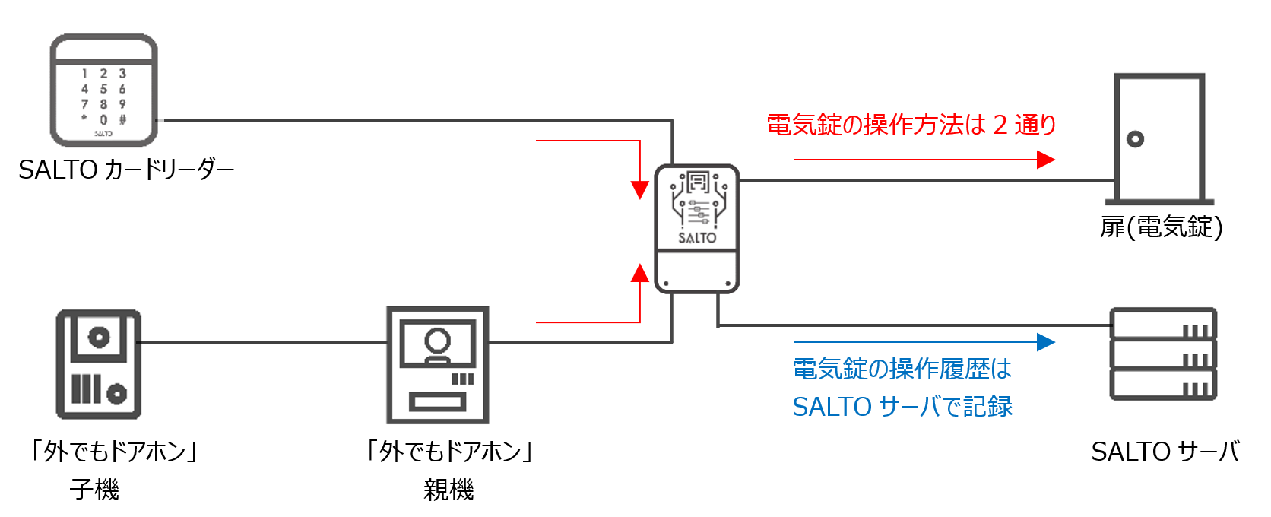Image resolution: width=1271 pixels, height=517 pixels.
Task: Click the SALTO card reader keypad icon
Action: pyautogui.click(x=103, y=90)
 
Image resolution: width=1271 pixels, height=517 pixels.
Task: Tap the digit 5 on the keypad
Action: pyautogui.click(x=103, y=89)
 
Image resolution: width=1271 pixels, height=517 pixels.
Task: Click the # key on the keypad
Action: pyautogui.click(x=122, y=119)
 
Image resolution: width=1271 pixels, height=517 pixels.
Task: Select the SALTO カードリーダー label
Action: pyautogui.click(x=126, y=170)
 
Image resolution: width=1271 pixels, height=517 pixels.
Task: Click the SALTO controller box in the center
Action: pyautogui.click(x=697, y=228)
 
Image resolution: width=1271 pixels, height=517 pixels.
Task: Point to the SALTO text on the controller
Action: pyautogui.click(x=697, y=238)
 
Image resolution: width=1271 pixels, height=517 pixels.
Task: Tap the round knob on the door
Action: pyautogui.click(x=1135, y=139)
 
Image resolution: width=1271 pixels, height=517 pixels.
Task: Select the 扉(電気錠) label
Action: pyautogui.click(x=1161, y=227)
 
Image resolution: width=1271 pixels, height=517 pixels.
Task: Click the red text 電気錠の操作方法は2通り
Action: pyautogui.click(x=911, y=125)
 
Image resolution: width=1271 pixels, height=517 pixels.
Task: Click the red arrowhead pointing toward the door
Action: pyautogui.click(x=1046, y=160)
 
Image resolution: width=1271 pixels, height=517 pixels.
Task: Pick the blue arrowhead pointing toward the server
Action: pyautogui.click(x=1046, y=342)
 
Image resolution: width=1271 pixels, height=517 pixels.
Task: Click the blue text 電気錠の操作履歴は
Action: pyautogui.click(x=902, y=370)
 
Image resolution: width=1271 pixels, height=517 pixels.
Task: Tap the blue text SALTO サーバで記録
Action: pyautogui.click(x=902, y=407)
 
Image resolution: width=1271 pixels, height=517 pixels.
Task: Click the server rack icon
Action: pyautogui.click(x=1163, y=354)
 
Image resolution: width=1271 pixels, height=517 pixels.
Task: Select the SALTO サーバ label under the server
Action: pyautogui.click(x=1165, y=452)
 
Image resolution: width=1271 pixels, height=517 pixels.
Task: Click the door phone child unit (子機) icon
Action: pyautogui.click(x=99, y=363)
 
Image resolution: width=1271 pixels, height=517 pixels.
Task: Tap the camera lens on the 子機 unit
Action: pyautogui.click(x=99, y=337)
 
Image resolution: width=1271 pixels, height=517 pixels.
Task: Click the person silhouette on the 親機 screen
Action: pyautogui.click(x=437, y=342)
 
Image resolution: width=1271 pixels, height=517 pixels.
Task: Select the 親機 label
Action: pyautogui.click(x=448, y=490)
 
